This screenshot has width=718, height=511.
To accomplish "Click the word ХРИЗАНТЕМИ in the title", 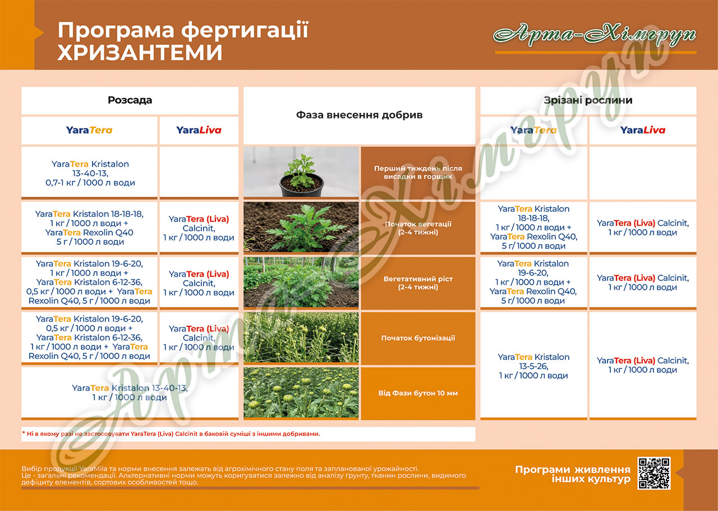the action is pos(140,52).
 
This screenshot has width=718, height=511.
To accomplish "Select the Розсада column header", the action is pos(130,100).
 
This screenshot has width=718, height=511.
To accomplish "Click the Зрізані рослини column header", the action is pos(588,100).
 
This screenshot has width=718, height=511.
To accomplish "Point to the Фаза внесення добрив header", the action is pos(360,115).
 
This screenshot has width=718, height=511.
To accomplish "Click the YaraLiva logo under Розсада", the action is pos(199,130).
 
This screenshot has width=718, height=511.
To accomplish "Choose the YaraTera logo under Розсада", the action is pos(89,130).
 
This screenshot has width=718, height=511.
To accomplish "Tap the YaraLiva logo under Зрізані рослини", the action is pos(643,130).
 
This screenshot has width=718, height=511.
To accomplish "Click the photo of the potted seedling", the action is pos(301,172).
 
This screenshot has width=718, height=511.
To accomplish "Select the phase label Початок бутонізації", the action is pos(418,338).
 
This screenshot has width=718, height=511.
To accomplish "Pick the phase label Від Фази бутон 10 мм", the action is pos(418,393).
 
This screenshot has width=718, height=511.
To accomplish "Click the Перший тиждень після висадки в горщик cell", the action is pos(418,172).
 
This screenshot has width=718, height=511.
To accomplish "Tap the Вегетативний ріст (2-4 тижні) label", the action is pos(418,283).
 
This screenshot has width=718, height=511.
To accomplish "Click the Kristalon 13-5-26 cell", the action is pos(533,366).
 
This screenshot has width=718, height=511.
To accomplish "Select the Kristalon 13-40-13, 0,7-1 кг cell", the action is pos(90,174).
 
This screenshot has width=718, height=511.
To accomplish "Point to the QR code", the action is pos(654,473).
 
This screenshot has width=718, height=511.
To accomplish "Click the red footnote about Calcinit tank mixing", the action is pos(171,434).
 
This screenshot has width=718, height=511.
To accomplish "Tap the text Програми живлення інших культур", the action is pos(573,474).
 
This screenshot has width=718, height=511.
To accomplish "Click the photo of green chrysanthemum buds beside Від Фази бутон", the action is pos(301,393).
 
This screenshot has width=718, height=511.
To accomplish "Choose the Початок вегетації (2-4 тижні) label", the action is pos(418,228).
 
